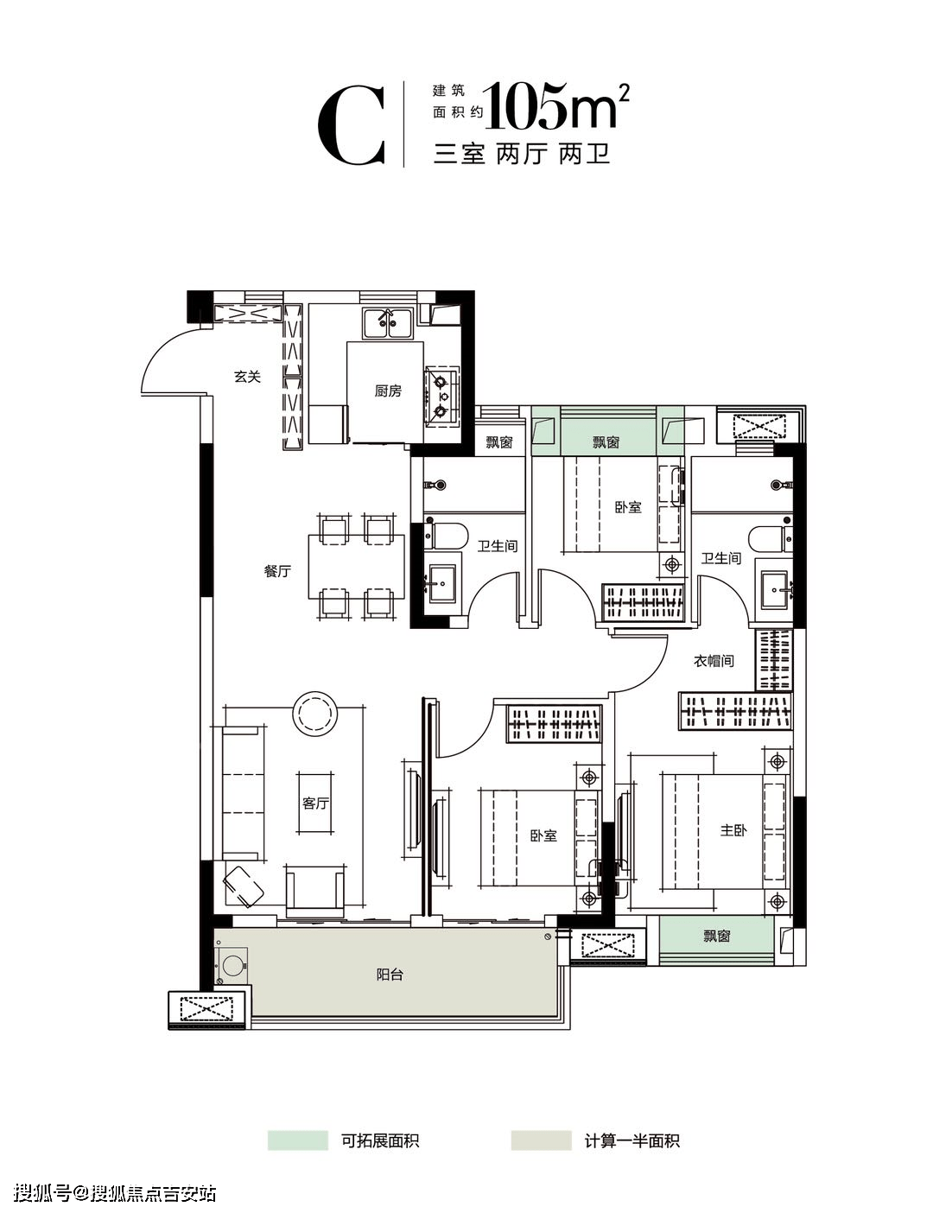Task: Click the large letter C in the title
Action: coord(351,124)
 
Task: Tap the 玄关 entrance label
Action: coord(246,377)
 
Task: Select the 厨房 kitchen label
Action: coord(387,391)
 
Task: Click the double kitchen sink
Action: coord(387,324)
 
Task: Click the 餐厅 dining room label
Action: coord(276,571)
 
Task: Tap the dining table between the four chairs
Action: coord(356,567)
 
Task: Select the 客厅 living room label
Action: coord(315,803)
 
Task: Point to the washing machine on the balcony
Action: coord(232,964)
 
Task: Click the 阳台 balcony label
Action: coord(390,975)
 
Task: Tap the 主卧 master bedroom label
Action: coord(733,830)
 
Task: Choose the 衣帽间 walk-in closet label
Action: coord(714,661)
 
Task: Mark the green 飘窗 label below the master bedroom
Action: coord(717,936)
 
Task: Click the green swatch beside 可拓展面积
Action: coord(298,1140)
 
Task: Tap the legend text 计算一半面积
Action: coord(632,1140)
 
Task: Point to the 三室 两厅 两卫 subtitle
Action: coord(522,155)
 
